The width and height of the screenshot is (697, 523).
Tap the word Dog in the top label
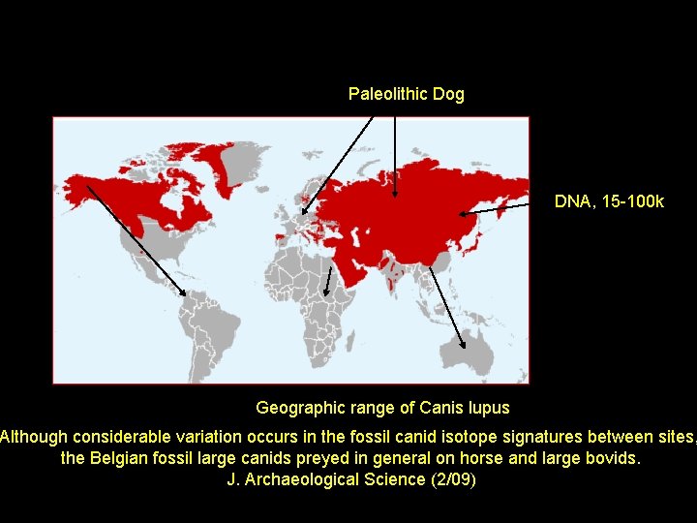(x=449, y=94)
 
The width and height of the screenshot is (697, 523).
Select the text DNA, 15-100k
(x=609, y=201)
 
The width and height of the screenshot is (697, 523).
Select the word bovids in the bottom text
(x=612, y=457)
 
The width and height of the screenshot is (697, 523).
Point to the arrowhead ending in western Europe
(x=304, y=211)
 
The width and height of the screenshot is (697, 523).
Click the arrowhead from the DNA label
(x=463, y=213)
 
